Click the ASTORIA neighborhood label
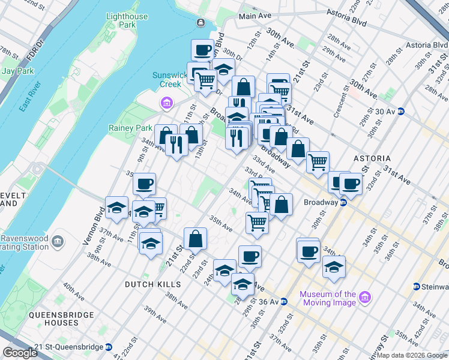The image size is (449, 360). [x=372, y=158]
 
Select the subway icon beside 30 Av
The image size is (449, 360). [x=400, y=111]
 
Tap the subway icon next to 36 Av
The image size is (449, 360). [x=286, y=301]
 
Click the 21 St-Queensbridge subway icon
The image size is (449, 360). [x=109, y=347]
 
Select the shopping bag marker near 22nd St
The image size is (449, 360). [x=196, y=239]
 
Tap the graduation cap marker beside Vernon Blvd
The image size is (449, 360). [x=116, y=208]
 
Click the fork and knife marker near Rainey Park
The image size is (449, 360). [x=176, y=143]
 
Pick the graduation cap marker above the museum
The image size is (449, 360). [x=333, y=266]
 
